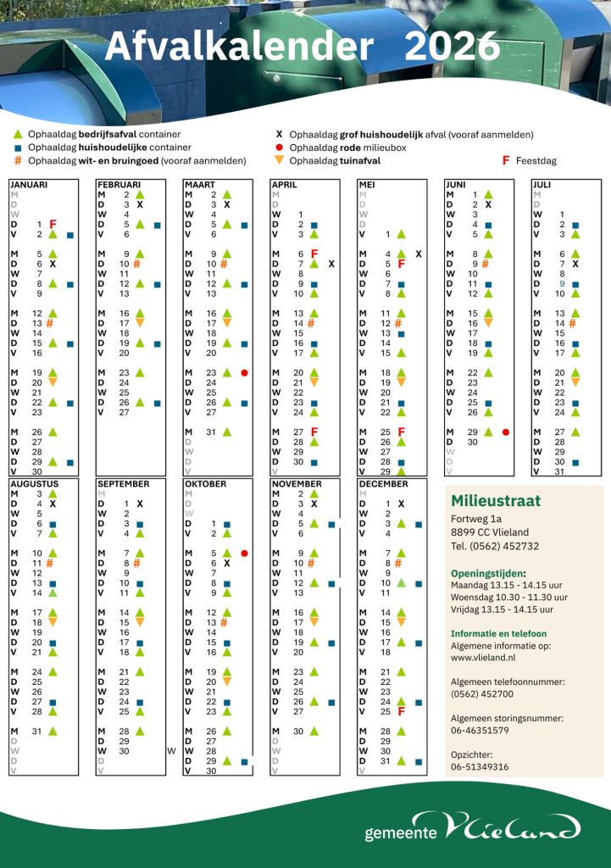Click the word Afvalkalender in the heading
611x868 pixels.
tap(239, 47)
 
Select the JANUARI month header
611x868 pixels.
tap(29, 184)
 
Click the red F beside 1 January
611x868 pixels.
tap(53, 224)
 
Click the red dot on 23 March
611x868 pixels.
tap(244, 373)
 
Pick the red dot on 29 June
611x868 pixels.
tap(506, 432)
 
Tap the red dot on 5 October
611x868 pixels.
tap(244, 554)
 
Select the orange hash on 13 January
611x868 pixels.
tap(50, 323)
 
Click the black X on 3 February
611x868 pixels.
tap(140, 204)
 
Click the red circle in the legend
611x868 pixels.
tap(280, 147)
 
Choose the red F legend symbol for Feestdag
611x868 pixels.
tap(506, 160)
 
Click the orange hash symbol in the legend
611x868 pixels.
tap(18, 160)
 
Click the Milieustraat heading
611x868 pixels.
tap(496, 500)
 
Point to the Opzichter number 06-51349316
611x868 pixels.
tap(480, 766)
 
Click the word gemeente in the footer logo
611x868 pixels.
tap(401, 833)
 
